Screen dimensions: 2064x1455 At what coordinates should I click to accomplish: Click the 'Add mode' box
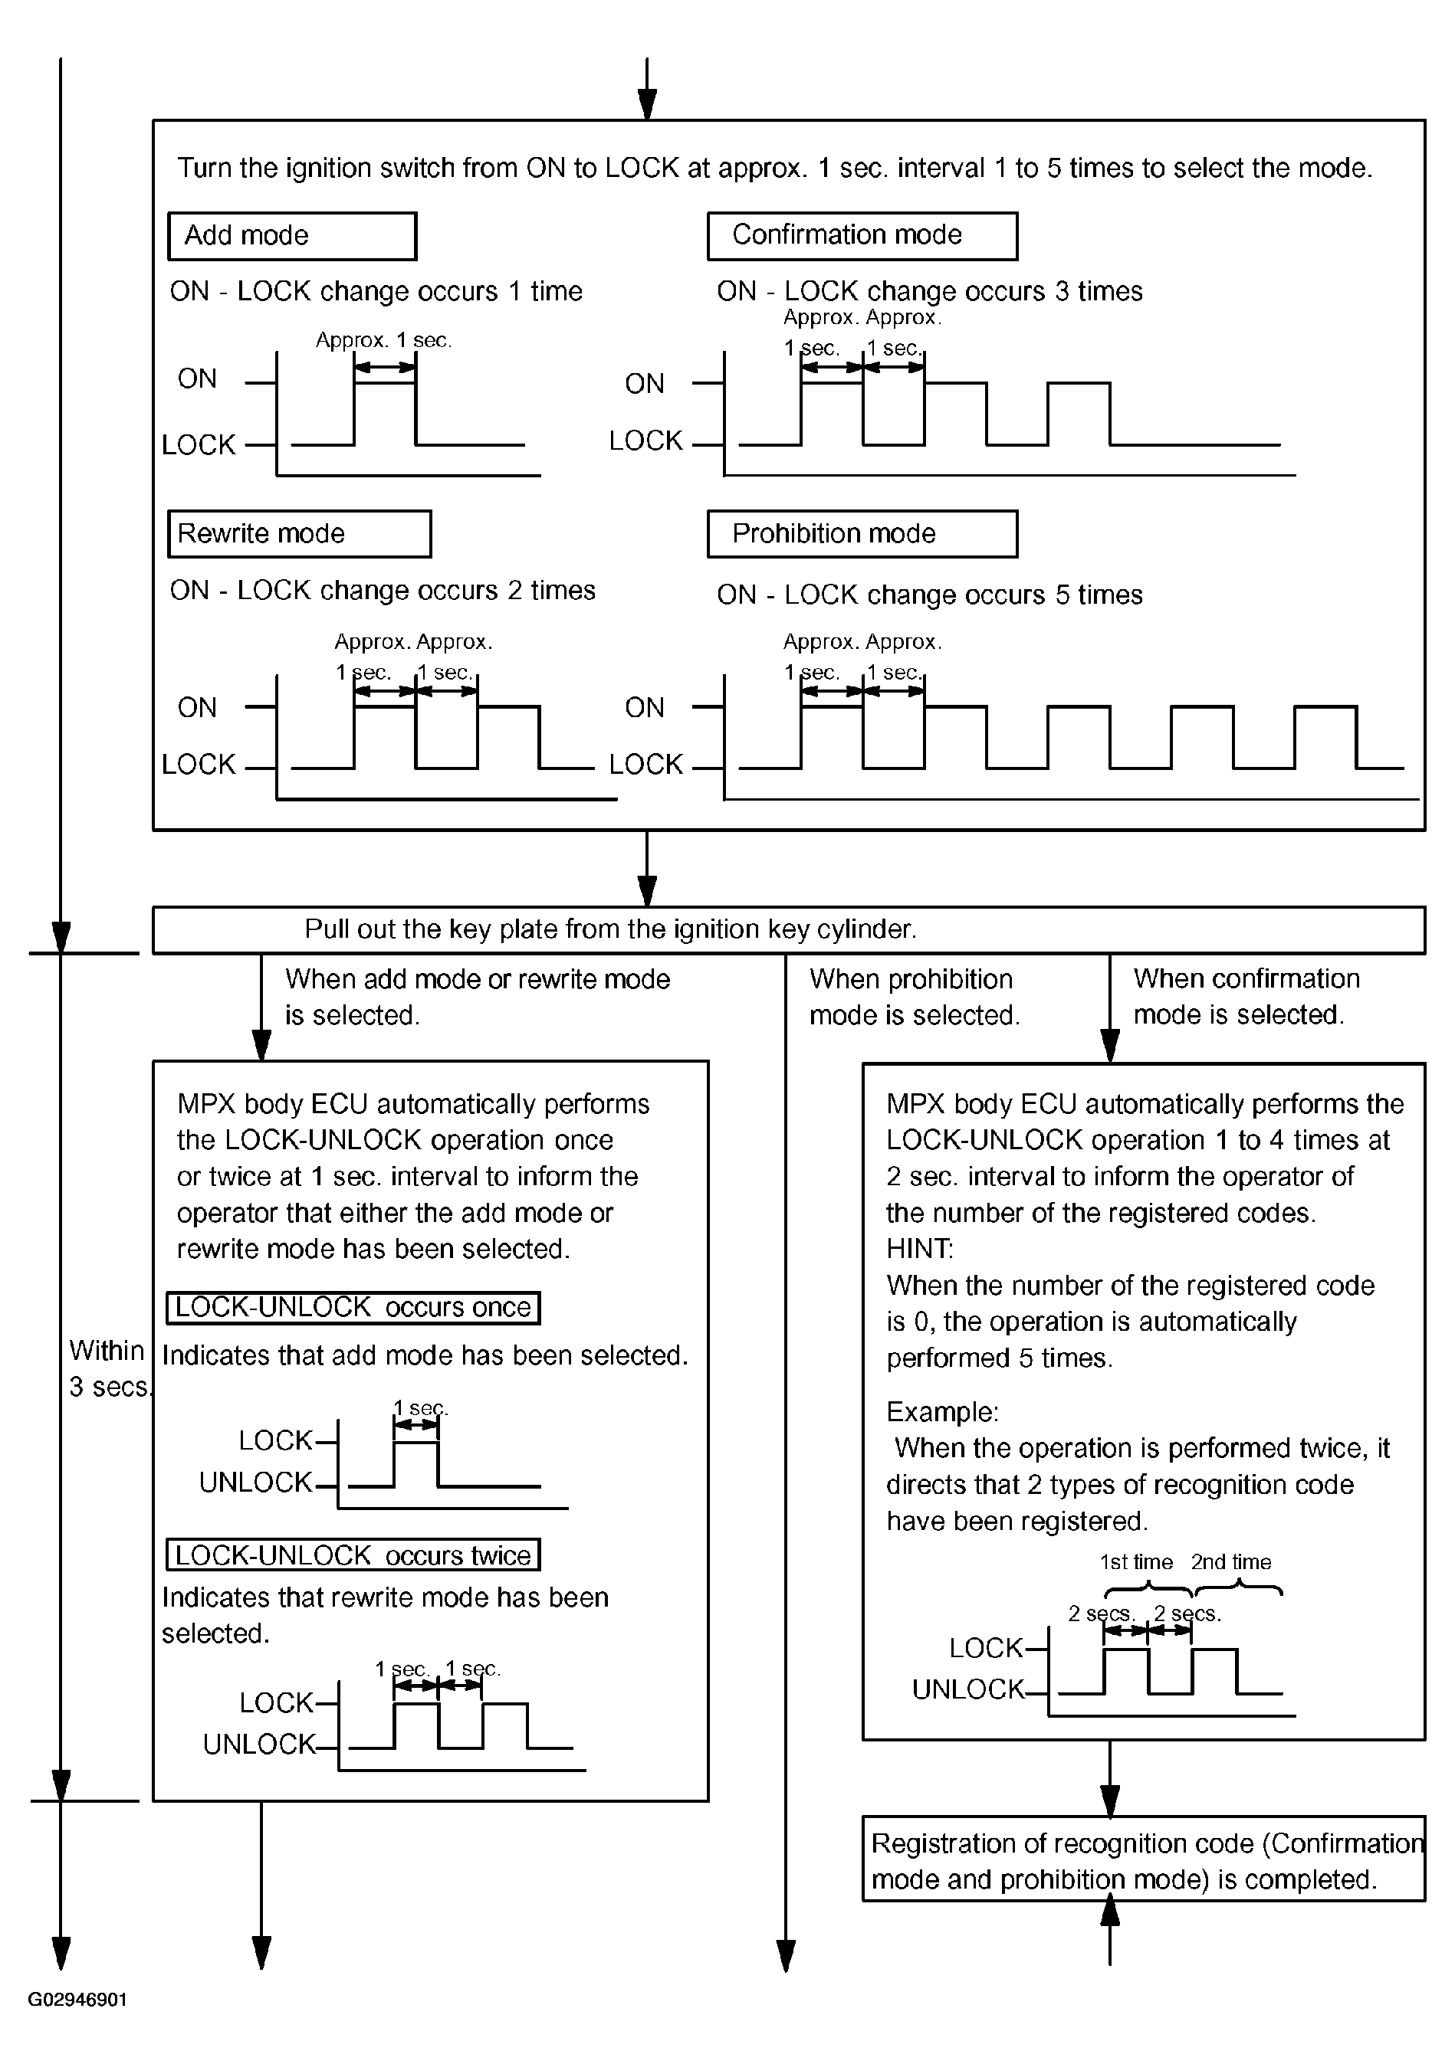(291, 237)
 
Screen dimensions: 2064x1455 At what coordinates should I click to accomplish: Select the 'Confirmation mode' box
(862, 237)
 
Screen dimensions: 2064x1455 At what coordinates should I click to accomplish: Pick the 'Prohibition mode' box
(862, 534)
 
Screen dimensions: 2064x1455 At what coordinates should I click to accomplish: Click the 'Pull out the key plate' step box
(788, 929)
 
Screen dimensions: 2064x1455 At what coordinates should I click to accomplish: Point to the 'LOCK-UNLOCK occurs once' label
(353, 1308)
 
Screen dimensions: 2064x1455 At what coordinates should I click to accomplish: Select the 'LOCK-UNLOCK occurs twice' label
(353, 1555)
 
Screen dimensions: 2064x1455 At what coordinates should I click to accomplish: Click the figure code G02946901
(77, 2000)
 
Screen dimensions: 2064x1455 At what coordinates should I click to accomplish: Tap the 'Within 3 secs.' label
(108, 1368)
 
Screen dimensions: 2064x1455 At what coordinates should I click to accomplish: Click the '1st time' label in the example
(1136, 1562)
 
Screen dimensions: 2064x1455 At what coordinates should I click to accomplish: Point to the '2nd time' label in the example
(1231, 1562)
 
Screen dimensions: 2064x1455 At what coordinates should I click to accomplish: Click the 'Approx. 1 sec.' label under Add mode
(383, 341)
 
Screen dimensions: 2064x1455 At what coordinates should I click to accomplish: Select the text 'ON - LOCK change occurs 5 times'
(929, 595)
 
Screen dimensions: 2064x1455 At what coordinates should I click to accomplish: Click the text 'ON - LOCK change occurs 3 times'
(929, 291)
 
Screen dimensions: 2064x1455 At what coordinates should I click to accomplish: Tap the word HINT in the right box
(919, 1249)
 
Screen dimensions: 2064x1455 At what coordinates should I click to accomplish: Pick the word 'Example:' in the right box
(941, 1412)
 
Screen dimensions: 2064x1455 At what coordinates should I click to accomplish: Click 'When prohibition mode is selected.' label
(914, 997)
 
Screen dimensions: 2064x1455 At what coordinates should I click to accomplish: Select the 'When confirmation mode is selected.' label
(1246, 997)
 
